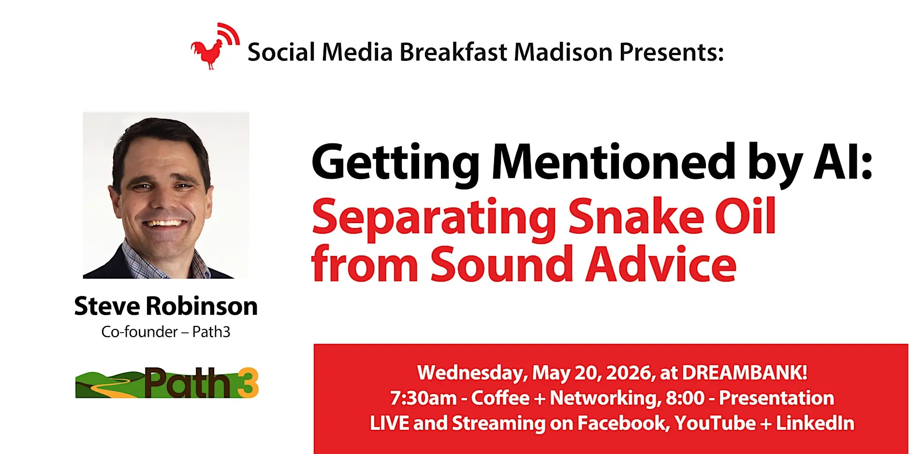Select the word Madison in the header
pyautogui.click(x=563, y=52)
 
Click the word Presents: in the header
pyautogui.click(x=672, y=52)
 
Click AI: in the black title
pyautogui.click(x=843, y=162)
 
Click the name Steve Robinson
pyautogui.click(x=166, y=306)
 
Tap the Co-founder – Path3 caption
pyautogui.click(x=166, y=332)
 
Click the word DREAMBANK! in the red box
pyautogui.click(x=745, y=372)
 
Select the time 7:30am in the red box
pyautogui.click(x=423, y=398)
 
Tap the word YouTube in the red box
pyautogui.click(x=715, y=423)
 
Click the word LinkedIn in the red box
pyautogui.click(x=815, y=423)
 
